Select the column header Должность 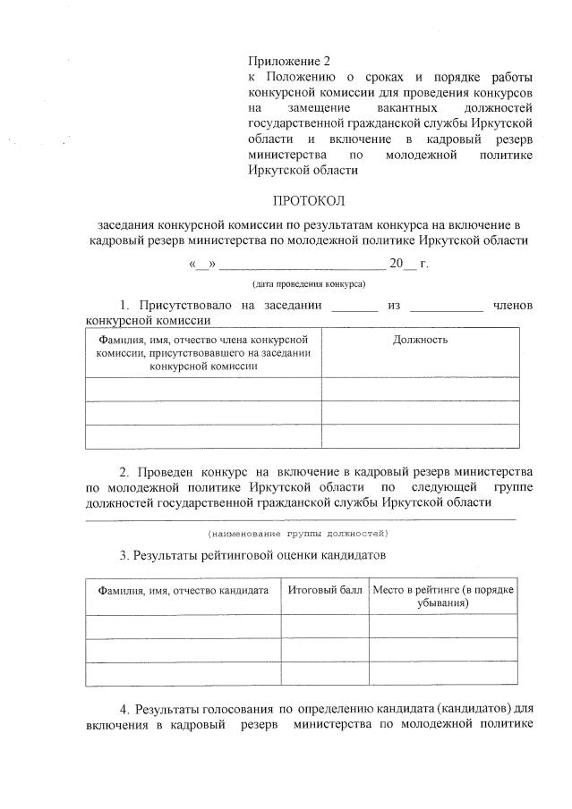pyautogui.click(x=420, y=340)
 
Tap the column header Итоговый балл pyautogui.click(x=325, y=591)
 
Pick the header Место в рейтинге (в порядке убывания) pyautogui.click(x=444, y=597)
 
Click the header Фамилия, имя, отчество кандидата pyautogui.click(x=184, y=591)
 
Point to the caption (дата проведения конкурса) pyautogui.click(x=307, y=283)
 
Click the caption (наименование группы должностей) pyautogui.click(x=298, y=534)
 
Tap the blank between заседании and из pyautogui.click(x=354, y=308)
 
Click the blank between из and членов pyautogui.click(x=446, y=308)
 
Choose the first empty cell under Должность pyautogui.click(x=420, y=389)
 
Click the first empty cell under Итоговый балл pyautogui.click(x=325, y=626)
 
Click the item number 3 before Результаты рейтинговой pyautogui.click(x=124, y=555)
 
